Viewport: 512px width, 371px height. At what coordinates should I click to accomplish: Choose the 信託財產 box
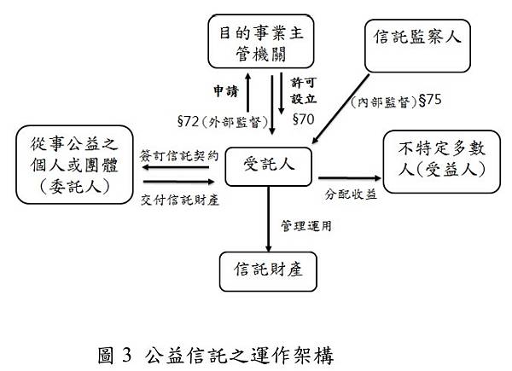(268, 270)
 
